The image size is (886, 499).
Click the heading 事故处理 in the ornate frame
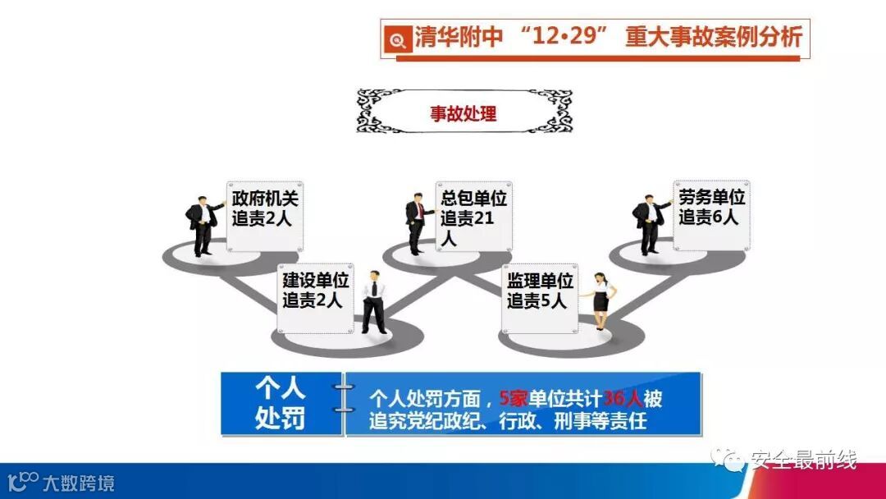[x=464, y=113]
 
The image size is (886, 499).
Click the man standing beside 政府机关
[x=202, y=226]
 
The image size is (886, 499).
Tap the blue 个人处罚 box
[x=280, y=405]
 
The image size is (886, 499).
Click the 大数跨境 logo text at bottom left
[x=78, y=482]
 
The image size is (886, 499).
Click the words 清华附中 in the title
[x=458, y=38]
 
